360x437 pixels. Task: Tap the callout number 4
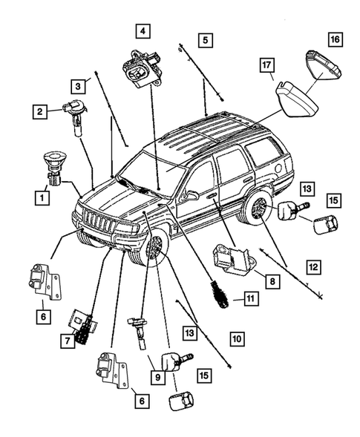pos(141,31)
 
